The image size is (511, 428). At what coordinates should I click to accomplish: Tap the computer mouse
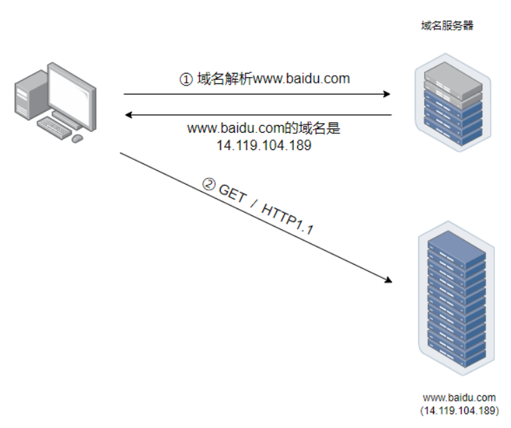77,138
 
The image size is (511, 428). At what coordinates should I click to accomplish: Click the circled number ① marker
186,80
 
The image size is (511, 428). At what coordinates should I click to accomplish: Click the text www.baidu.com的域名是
262,129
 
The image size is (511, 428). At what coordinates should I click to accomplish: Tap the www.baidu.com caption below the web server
459,398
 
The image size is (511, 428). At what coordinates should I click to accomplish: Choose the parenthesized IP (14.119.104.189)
459,411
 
